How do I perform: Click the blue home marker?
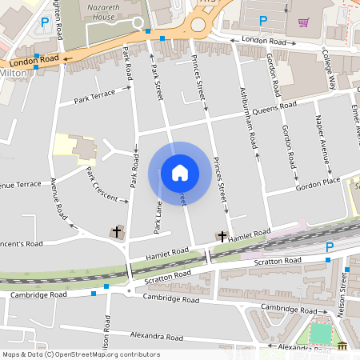tap(179, 173)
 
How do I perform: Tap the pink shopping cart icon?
tap(303, 22)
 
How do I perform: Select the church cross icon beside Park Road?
tap(118, 232)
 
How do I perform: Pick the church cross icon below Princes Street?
tap(222, 236)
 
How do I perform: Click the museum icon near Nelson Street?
tap(343, 346)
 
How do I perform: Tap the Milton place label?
tap(14, 73)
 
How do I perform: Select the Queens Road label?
tap(274, 106)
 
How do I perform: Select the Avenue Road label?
tap(58, 199)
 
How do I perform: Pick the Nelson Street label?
tap(346, 289)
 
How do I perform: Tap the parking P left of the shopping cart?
tap(263, 19)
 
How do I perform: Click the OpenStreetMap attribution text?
tap(80, 354)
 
